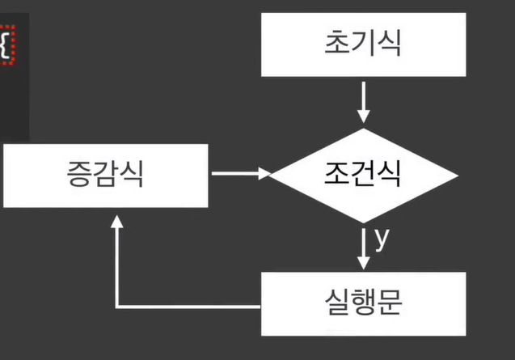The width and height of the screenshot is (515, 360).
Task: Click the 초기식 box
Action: (363, 44)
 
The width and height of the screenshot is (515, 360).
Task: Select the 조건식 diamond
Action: (363, 175)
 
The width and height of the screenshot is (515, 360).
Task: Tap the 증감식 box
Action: (105, 175)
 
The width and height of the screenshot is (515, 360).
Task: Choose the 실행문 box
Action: (363, 303)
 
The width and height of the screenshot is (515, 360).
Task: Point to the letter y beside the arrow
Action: (382, 238)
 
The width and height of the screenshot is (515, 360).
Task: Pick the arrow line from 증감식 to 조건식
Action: (234, 173)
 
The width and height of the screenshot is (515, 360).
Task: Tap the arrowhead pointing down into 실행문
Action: (363, 262)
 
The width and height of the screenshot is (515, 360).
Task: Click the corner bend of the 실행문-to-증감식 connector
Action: (118, 307)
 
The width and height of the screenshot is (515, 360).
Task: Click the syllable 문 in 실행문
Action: (390, 303)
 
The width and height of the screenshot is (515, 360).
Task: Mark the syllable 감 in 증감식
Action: (105, 175)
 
